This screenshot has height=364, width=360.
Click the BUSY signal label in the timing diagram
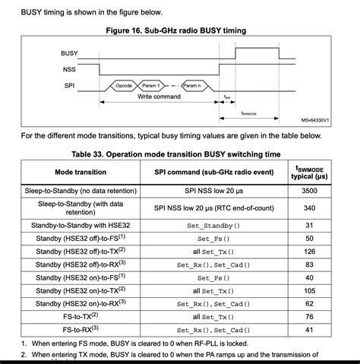click(x=70, y=53)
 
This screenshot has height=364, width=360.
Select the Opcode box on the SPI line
click(x=125, y=87)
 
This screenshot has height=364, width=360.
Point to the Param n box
click(x=193, y=87)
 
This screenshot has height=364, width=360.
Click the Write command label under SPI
click(x=158, y=97)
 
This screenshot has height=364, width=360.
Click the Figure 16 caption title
click(x=179, y=30)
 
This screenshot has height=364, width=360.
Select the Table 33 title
click(x=179, y=154)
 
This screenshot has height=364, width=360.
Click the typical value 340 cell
click(x=309, y=207)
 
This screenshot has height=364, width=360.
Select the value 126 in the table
click(x=309, y=252)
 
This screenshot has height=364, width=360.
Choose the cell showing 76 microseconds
click(x=309, y=317)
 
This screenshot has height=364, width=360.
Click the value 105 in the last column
click(x=309, y=290)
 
